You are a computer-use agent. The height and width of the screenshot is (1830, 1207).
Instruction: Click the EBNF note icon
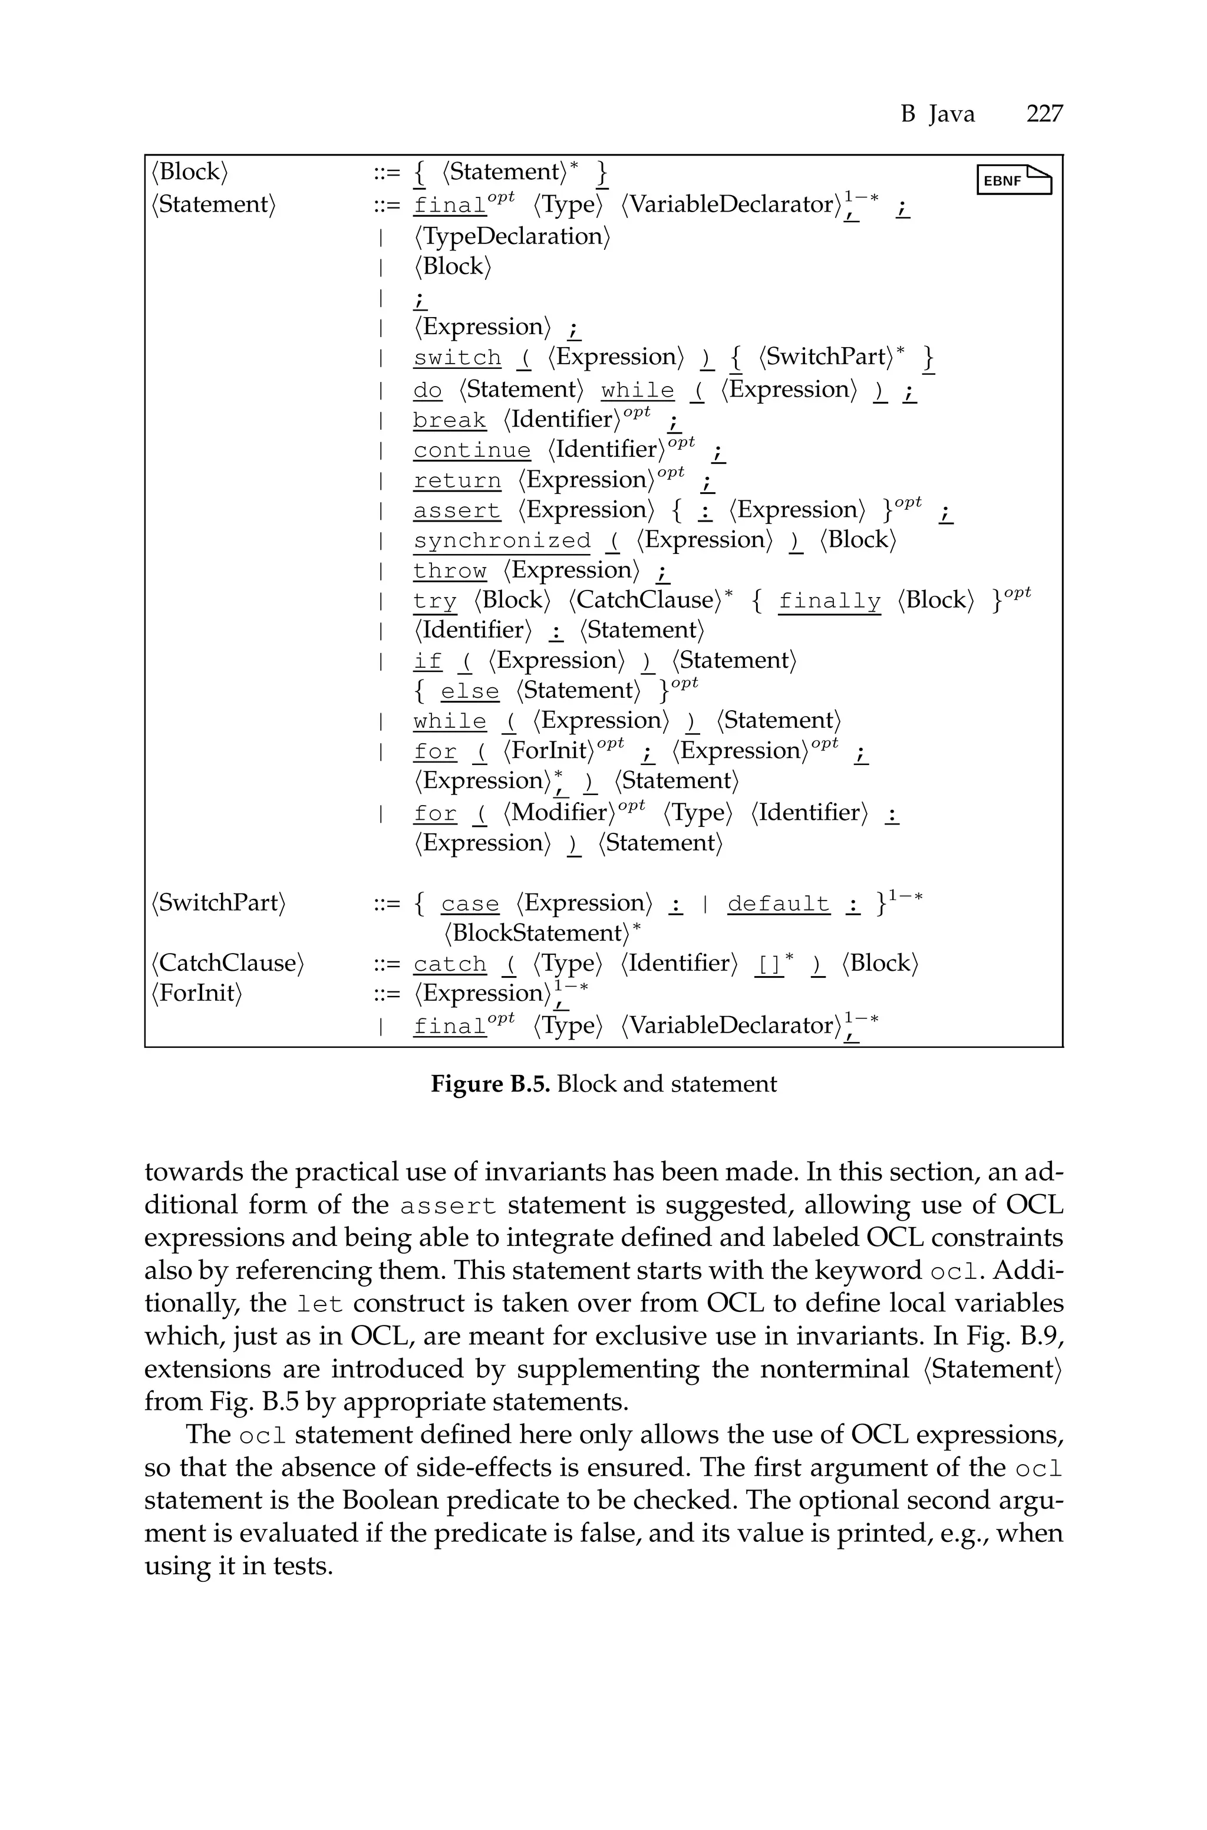pos(1014,180)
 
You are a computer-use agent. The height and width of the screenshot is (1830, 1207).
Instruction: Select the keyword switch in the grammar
pos(457,358)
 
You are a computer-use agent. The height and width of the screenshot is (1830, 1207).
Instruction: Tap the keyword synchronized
pos(502,541)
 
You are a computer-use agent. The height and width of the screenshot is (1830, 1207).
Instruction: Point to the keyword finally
pos(829,601)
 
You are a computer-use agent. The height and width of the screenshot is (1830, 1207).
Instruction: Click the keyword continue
pos(472,450)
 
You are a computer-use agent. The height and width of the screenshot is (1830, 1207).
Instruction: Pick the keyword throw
pos(450,571)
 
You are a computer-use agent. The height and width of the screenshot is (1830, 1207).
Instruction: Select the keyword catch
pos(450,964)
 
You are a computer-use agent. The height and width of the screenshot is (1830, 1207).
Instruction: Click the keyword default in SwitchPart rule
pos(778,904)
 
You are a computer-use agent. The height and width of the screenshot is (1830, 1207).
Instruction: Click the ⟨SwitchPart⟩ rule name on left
pos(219,903)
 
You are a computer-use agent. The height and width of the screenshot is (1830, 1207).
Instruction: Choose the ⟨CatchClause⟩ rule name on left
pos(228,964)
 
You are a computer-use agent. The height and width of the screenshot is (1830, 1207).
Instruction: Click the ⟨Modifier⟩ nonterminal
pos(560,813)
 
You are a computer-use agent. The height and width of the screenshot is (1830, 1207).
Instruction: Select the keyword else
pos(470,691)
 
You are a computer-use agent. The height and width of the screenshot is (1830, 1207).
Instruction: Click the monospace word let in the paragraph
pos(319,1305)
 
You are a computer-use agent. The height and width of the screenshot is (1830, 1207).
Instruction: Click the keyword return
pos(457,480)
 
